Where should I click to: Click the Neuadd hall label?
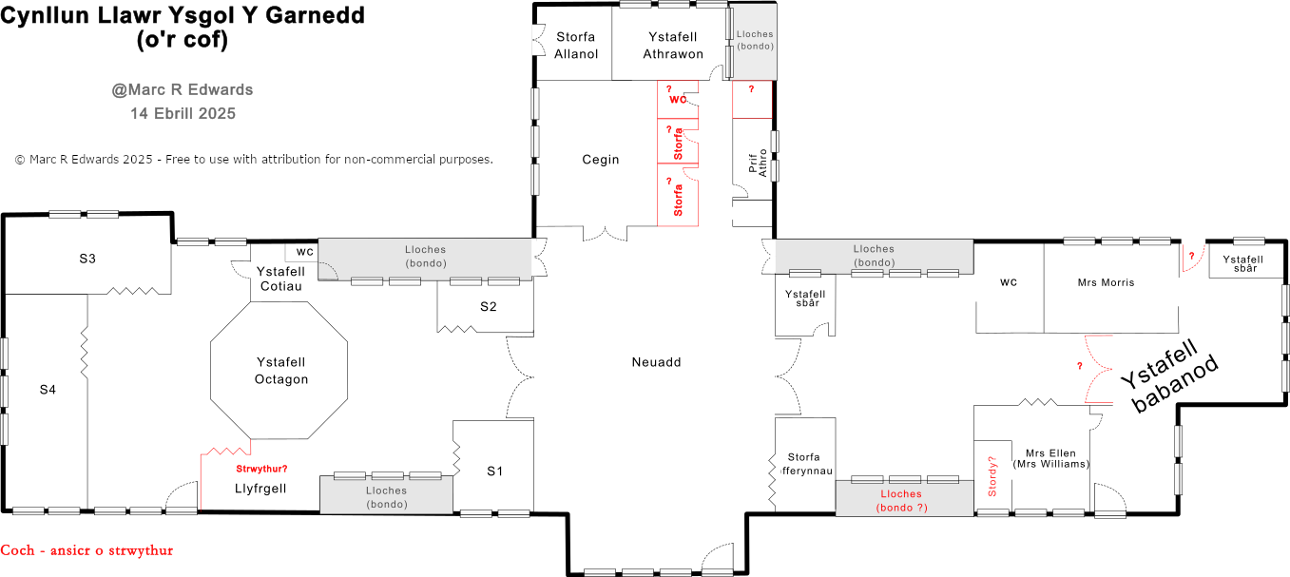[x=656, y=362]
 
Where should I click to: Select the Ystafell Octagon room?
[x=281, y=371]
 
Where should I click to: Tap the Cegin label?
[x=600, y=160]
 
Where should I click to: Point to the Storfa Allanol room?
[x=576, y=45]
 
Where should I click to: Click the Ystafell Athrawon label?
[x=673, y=45]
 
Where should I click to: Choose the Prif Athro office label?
[x=758, y=163]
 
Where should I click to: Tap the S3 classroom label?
[x=87, y=259]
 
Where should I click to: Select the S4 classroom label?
[x=48, y=389]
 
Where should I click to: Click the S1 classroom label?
[x=494, y=471]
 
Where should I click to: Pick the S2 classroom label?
[x=488, y=306]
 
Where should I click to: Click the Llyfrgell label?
[x=260, y=489]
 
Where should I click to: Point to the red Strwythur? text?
[x=260, y=469]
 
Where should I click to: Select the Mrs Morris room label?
[x=1106, y=282]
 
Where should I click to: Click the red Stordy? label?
[x=992, y=477]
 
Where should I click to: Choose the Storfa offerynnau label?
[x=804, y=464]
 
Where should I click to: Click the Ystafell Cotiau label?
[x=280, y=279]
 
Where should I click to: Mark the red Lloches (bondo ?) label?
[x=900, y=501]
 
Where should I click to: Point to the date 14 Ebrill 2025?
[x=183, y=113]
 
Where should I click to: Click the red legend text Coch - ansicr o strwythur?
[x=87, y=550]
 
